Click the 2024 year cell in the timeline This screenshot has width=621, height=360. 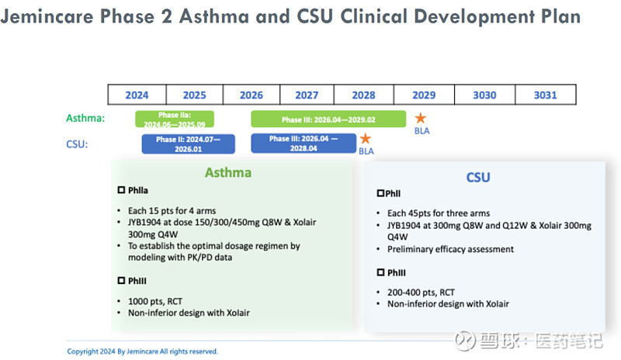coord(137,95)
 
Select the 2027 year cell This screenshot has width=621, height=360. coord(307,95)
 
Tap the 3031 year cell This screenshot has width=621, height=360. coord(546,95)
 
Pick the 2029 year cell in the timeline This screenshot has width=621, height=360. coord(423,95)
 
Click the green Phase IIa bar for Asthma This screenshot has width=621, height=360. coord(175,119)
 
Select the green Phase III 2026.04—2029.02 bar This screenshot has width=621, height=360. coord(328,119)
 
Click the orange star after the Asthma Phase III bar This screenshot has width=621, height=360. coord(420,119)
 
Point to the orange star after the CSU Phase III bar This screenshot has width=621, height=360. coord(364,140)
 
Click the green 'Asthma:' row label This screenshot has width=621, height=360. coord(85,119)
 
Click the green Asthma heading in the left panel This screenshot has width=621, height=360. coord(228,172)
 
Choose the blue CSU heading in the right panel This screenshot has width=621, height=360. coord(478,177)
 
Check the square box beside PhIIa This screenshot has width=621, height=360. coord(120,189)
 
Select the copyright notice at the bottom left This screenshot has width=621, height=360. coord(142,351)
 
